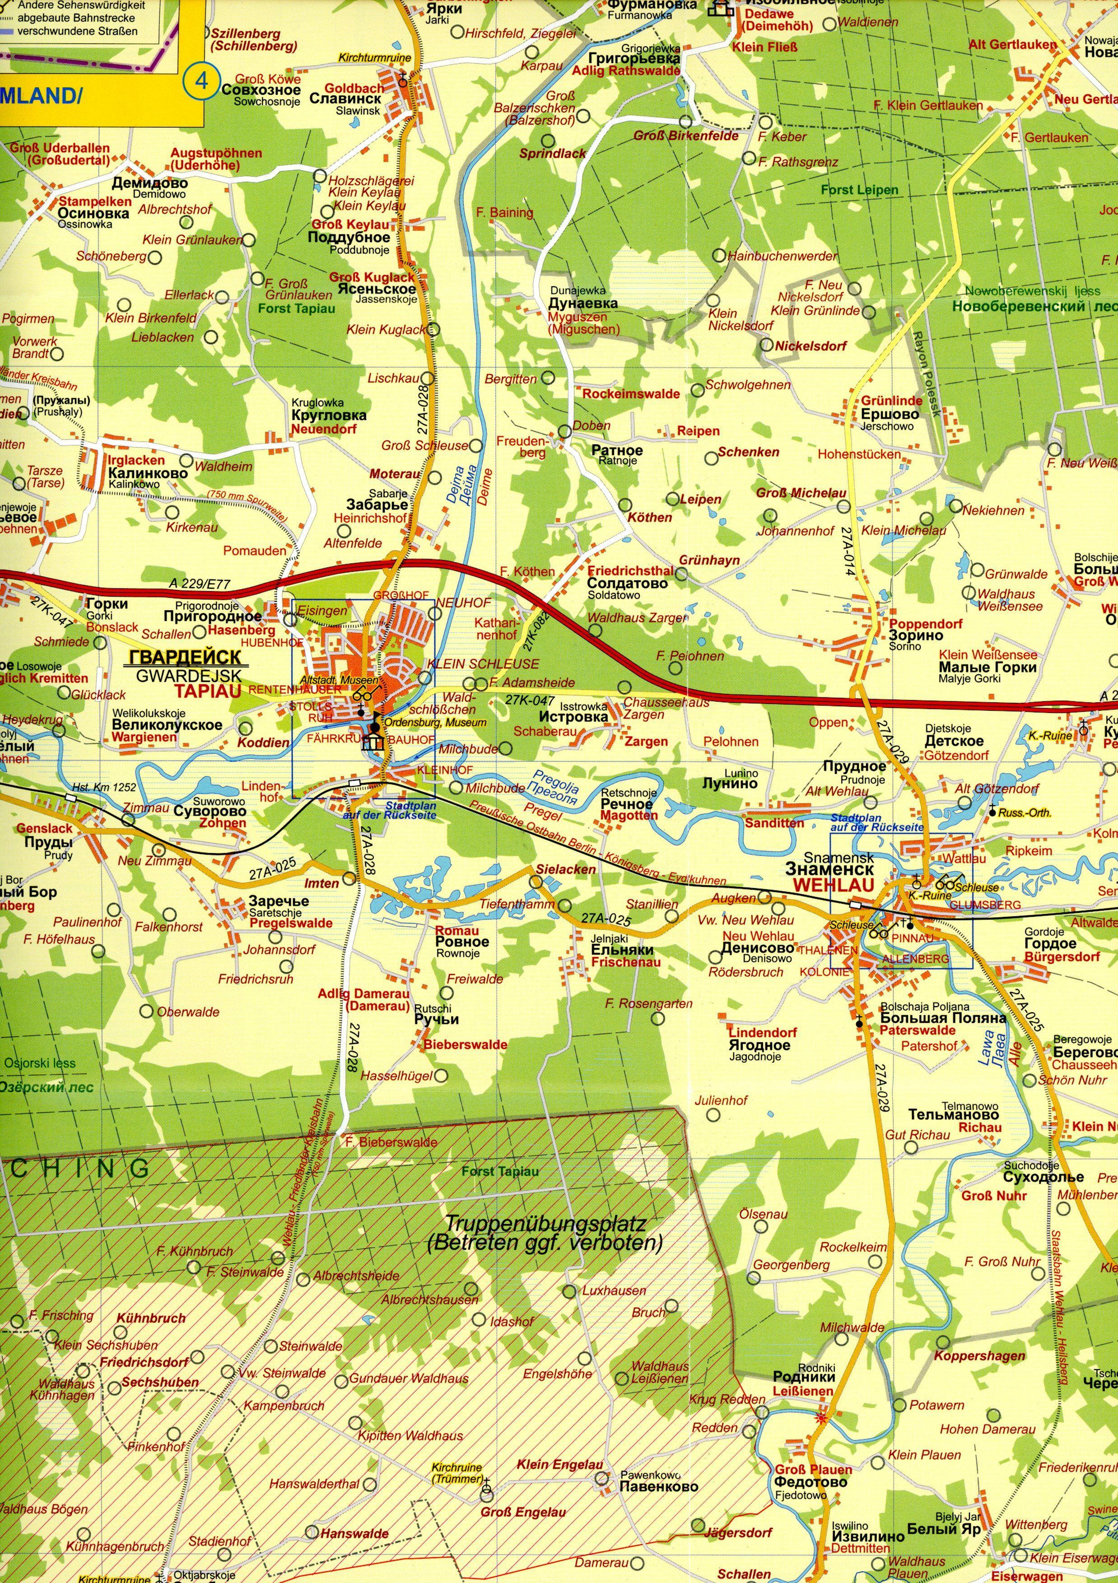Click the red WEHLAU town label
click(834, 885)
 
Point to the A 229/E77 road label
click(199, 585)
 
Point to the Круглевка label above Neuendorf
click(329, 416)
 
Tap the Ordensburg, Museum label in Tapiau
click(436, 723)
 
